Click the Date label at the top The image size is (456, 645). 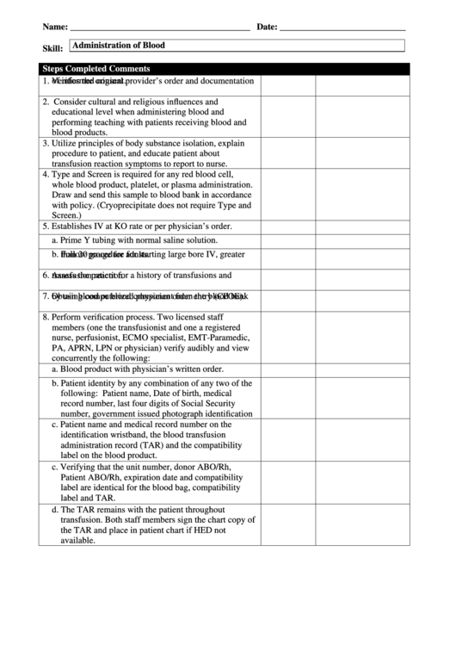[x=266, y=28]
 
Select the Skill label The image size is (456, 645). [x=52, y=49]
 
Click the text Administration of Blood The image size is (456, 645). [x=119, y=45]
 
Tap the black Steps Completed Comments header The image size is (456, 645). [x=96, y=69]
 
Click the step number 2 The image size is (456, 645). [x=45, y=101]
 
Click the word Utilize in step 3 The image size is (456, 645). [x=67, y=142]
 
